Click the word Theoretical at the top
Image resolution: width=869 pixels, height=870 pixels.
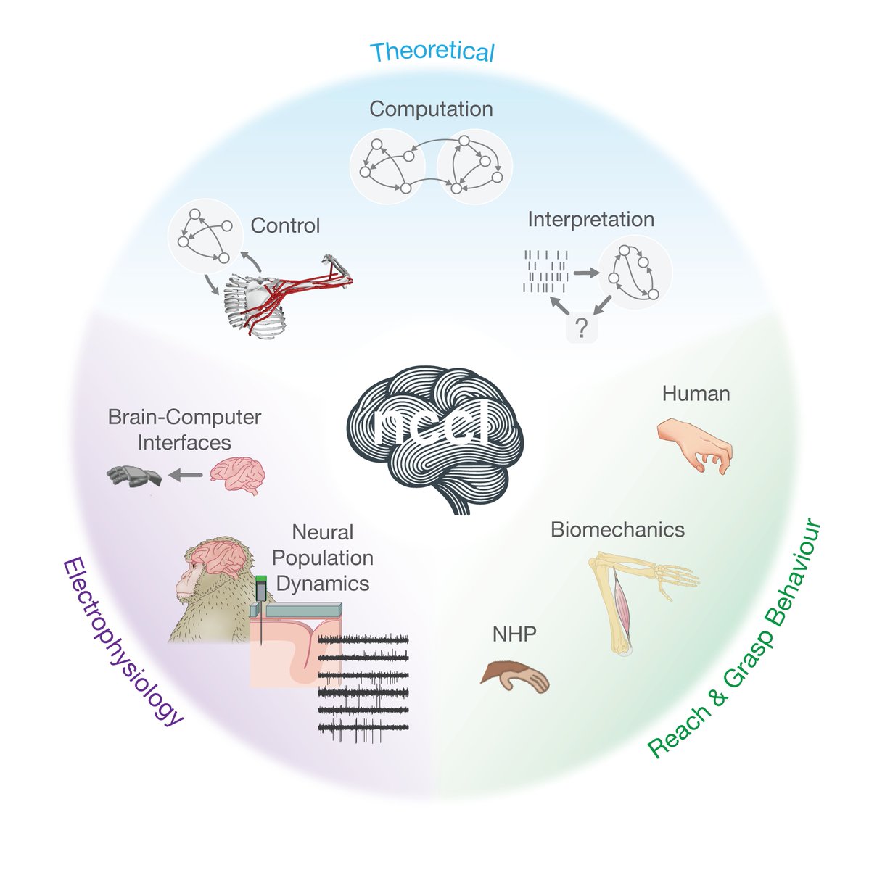(x=432, y=52)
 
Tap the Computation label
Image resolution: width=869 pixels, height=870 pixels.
(x=431, y=109)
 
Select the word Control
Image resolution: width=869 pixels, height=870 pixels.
(x=285, y=225)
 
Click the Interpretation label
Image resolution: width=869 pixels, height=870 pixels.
(x=590, y=219)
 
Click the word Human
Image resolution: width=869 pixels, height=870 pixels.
(x=696, y=394)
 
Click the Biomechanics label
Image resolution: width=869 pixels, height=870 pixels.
(x=617, y=529)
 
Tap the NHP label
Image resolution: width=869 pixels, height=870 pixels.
(x=514, y=634)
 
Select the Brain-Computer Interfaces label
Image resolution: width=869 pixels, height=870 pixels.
(x=184, y=429)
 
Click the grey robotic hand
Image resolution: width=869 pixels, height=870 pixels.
(x=135, y=476)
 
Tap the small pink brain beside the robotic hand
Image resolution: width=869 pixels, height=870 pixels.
(x=238, y=475)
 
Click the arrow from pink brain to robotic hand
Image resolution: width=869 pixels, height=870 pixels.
(x=186, y=476)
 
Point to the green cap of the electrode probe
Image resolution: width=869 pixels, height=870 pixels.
(x=261, y=580)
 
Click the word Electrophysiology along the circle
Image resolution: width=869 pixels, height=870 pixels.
(x=120, y=641)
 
